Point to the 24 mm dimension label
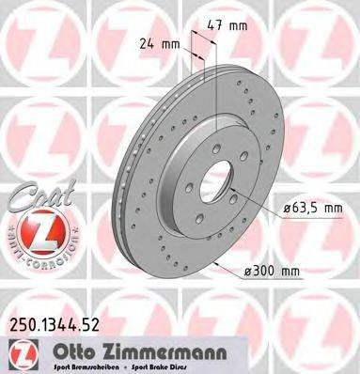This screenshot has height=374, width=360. pos(158,42)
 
